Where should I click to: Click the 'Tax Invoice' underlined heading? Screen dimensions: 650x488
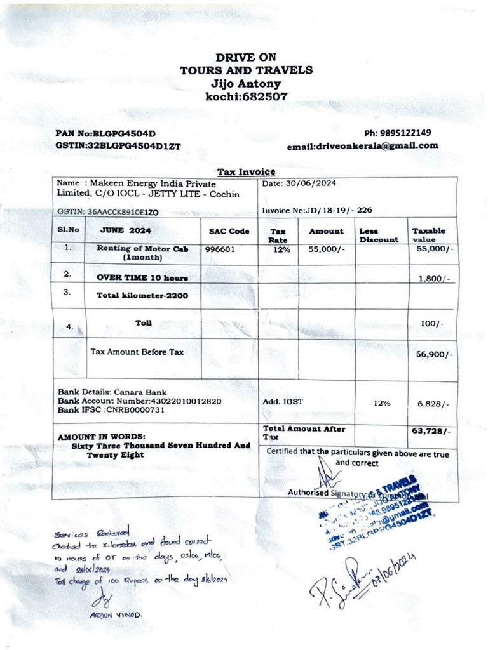[x=247, y=172]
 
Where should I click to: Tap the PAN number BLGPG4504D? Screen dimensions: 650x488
[x=121, y=133]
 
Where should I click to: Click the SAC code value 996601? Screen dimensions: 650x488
[x=220, y=249]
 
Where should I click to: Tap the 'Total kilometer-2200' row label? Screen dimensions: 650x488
[x=142, y=295]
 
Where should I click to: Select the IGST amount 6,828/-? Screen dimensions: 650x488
[x=434, y=404]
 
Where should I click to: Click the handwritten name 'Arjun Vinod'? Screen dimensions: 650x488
[x=116, y=614]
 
